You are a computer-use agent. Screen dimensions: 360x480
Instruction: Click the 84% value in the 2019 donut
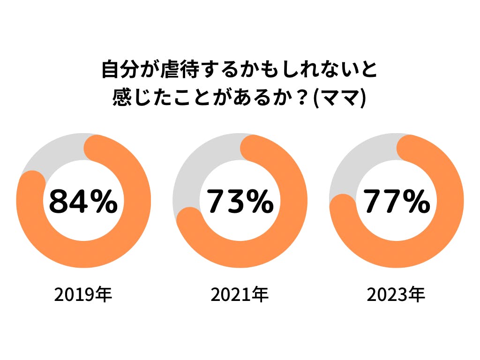83,201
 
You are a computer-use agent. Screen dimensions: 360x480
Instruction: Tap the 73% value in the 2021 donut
240,201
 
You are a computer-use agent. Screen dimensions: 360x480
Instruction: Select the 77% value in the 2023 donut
397,201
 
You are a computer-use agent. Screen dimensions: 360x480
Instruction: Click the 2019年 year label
83,295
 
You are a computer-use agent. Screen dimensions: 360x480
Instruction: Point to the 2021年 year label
240,295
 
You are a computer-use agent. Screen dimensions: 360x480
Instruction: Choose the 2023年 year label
396,295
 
